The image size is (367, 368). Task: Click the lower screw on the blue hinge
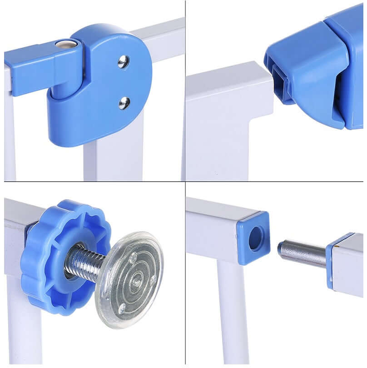(x=124, y=103)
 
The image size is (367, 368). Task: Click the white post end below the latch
(x=227, y=114)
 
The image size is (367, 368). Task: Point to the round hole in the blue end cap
(x=256, y=238)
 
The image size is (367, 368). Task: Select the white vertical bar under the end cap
(x=232, y=314)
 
